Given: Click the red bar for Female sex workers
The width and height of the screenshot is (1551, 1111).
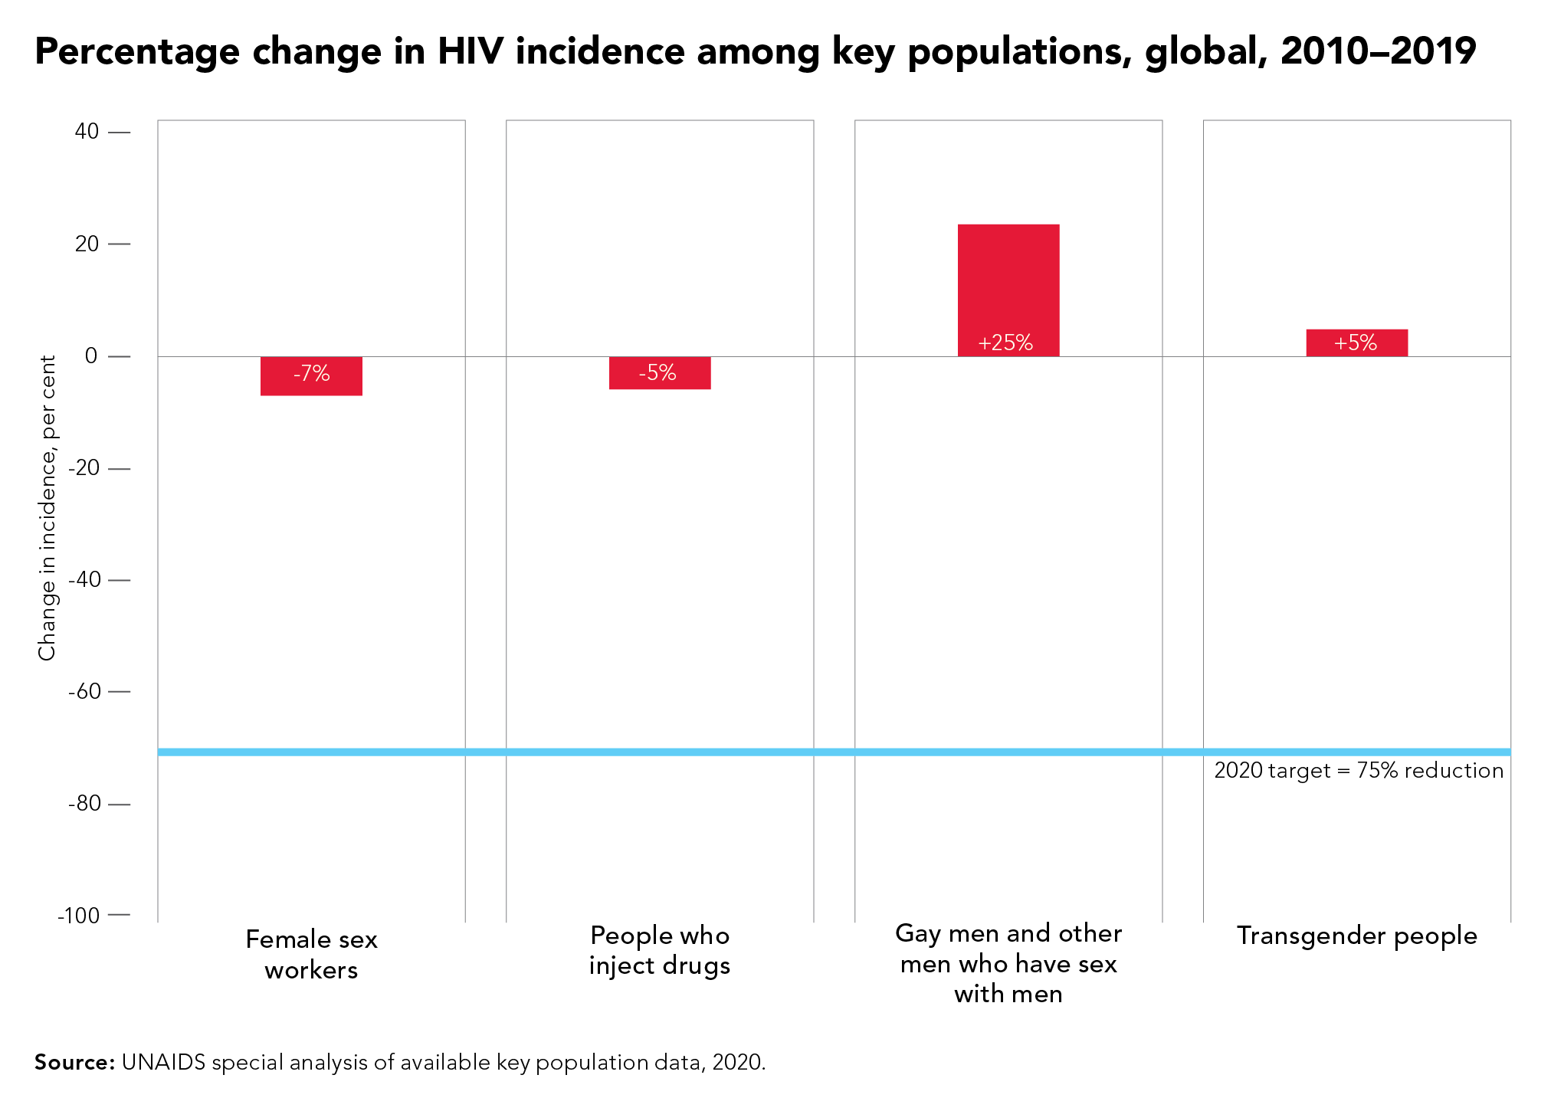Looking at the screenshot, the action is [311, 376].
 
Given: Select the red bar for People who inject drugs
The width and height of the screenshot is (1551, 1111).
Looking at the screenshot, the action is [660, 373].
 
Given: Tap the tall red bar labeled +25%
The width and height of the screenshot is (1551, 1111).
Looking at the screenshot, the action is [1008, 290].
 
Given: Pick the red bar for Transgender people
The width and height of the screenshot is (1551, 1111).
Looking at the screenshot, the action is [1357, 342].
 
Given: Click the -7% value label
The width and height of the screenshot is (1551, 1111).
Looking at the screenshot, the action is [311, 374].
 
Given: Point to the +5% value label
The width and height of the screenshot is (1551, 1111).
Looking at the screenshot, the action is [1356, 342].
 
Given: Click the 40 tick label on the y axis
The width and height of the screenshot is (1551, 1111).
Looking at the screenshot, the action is [87, 132].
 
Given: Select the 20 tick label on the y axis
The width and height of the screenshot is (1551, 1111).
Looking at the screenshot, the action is [87, 244].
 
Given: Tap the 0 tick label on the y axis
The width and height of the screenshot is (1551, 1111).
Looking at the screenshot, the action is [92, 356].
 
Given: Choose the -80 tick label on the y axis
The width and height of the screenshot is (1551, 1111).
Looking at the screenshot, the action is [84, 803].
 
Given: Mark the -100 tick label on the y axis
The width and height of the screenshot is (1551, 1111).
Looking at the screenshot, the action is [79, 915].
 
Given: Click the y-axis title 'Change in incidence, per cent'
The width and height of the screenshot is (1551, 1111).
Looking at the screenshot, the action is [48, 508].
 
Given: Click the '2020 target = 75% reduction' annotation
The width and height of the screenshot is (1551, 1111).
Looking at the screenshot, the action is [1359, 770].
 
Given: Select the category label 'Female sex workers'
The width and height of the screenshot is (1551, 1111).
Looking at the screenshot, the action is [311, 955].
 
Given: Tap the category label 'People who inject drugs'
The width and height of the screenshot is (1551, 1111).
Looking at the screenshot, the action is [660, 950].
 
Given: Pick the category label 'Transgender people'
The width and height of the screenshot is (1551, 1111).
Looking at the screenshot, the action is [1357, 936].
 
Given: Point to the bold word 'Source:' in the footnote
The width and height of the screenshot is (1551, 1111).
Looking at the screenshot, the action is [74, 1062].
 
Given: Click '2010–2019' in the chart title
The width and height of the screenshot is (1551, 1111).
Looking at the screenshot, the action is [1378, 51].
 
